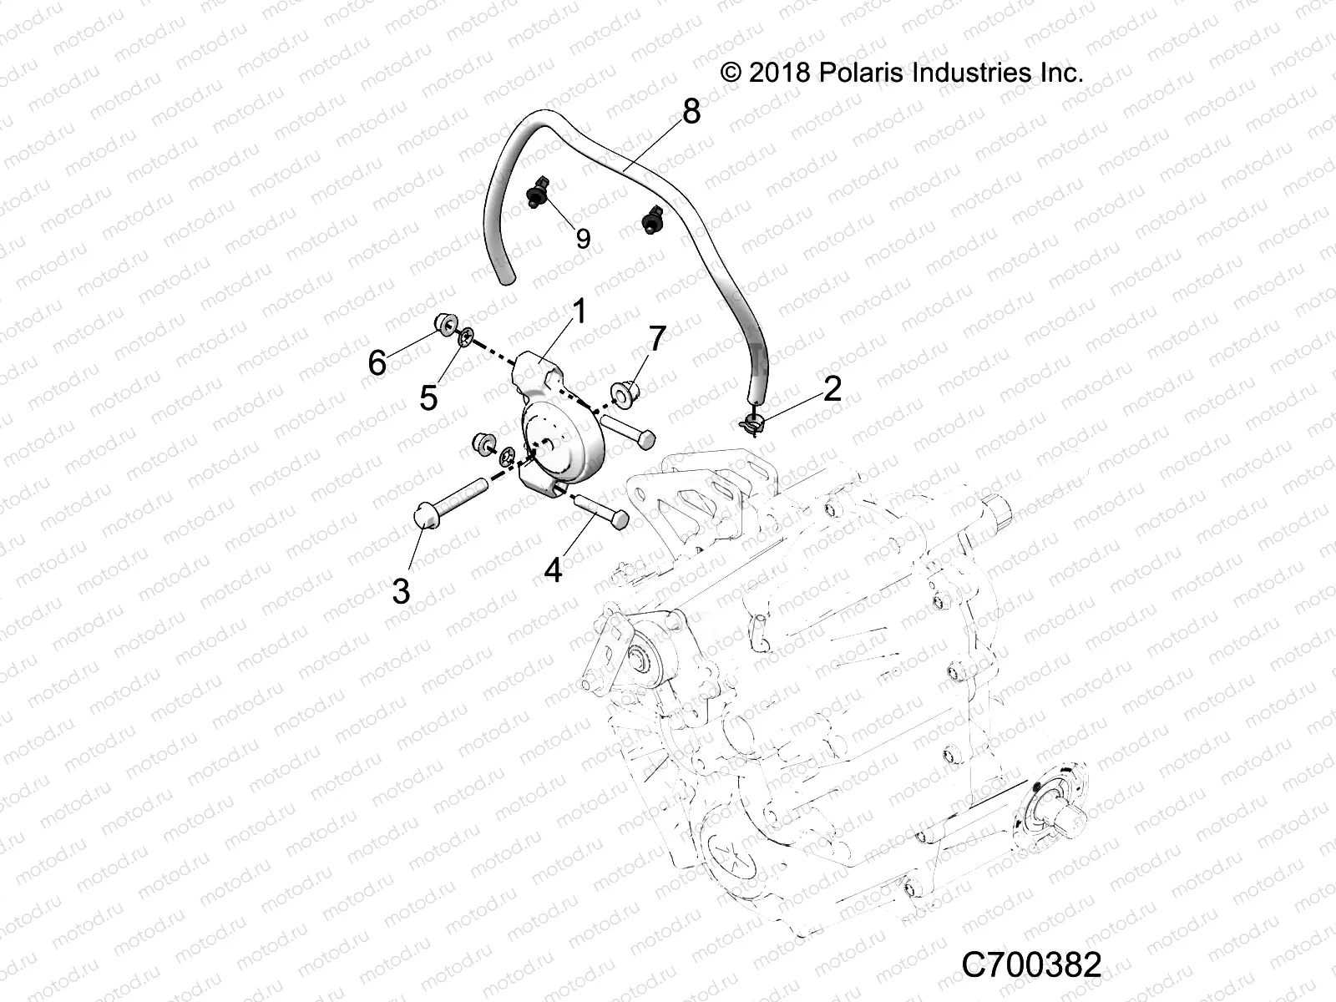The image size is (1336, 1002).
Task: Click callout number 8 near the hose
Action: pos(691,111)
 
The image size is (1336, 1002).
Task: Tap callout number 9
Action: pos(583,239)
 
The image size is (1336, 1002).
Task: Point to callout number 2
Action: pos(832,388)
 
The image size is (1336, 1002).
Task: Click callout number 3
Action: pos(401,590)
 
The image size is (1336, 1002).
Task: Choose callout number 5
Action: pos(428,397)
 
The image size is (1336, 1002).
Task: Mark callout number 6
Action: pos(377,362)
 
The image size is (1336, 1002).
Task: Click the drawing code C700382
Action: pos(1032,964)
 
